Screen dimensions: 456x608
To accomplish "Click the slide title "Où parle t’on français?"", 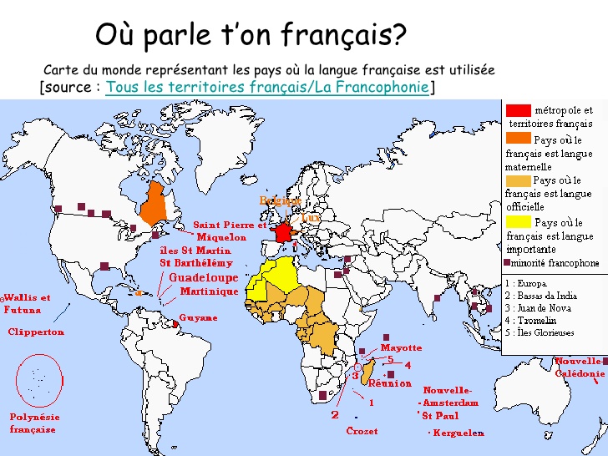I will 251,35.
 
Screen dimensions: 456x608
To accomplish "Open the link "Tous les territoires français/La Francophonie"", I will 267,87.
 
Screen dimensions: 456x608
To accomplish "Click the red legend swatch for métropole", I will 519,110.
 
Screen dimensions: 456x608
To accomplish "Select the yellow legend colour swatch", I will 519,223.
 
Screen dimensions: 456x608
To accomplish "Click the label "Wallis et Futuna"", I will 27,303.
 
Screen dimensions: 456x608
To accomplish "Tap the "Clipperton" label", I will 36,332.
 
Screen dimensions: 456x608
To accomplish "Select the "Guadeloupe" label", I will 204,277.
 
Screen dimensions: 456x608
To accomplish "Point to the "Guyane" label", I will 199,318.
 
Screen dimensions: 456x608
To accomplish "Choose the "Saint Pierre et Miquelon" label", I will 231,231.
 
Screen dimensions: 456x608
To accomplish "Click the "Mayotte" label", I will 401,347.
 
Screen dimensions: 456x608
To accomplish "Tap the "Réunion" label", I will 390,384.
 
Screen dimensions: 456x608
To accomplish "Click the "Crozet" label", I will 362,431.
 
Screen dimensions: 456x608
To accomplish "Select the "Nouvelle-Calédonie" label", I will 580,367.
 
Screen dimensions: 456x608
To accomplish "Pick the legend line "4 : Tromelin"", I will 532,320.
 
